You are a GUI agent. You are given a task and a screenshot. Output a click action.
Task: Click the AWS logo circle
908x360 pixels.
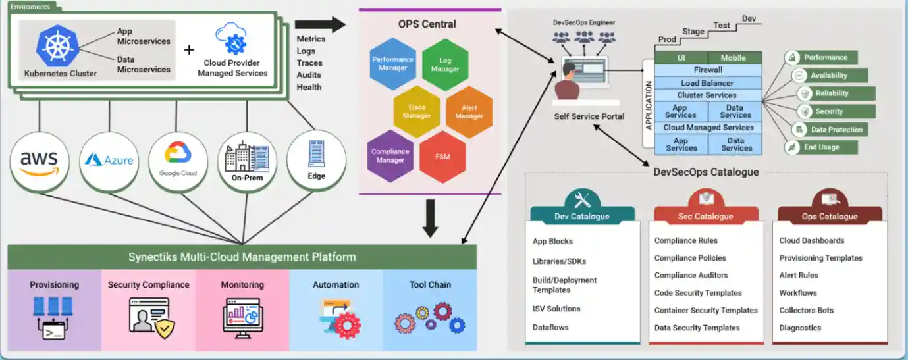[40, 161]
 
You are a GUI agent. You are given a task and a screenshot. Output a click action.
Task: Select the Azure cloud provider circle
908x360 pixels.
[109, 160]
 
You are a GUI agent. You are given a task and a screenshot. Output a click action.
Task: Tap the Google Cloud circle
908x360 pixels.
[178, 161]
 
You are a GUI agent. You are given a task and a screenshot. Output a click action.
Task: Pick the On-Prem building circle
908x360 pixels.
[247, 161]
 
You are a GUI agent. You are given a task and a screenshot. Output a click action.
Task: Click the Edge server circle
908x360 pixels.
[317, 160]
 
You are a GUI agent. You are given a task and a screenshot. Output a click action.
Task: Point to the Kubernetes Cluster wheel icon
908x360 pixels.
[58, 44]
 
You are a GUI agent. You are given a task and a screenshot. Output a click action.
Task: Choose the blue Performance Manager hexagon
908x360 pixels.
[392, 64]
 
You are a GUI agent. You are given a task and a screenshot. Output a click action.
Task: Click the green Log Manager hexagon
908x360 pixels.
[445, 64]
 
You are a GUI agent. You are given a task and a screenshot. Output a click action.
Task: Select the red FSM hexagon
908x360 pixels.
[442, 157]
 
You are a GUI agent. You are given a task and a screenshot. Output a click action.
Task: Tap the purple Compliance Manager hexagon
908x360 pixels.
[390, 156]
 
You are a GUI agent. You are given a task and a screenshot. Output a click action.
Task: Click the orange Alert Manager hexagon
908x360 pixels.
[469, 112]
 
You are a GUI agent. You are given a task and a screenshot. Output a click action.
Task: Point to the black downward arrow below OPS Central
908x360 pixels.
[430, 219]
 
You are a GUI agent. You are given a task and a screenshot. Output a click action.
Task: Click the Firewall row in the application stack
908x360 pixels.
[708, 70]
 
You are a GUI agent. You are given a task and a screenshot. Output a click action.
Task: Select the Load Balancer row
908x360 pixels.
[708, 83]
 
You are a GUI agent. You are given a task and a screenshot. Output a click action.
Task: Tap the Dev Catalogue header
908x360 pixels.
[582, 216]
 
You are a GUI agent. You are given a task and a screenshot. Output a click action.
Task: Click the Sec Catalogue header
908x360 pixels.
[706, 216]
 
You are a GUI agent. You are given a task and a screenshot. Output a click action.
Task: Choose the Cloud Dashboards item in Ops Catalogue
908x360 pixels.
[811, 241]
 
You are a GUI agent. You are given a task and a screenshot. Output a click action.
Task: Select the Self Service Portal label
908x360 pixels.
[589, 116]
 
